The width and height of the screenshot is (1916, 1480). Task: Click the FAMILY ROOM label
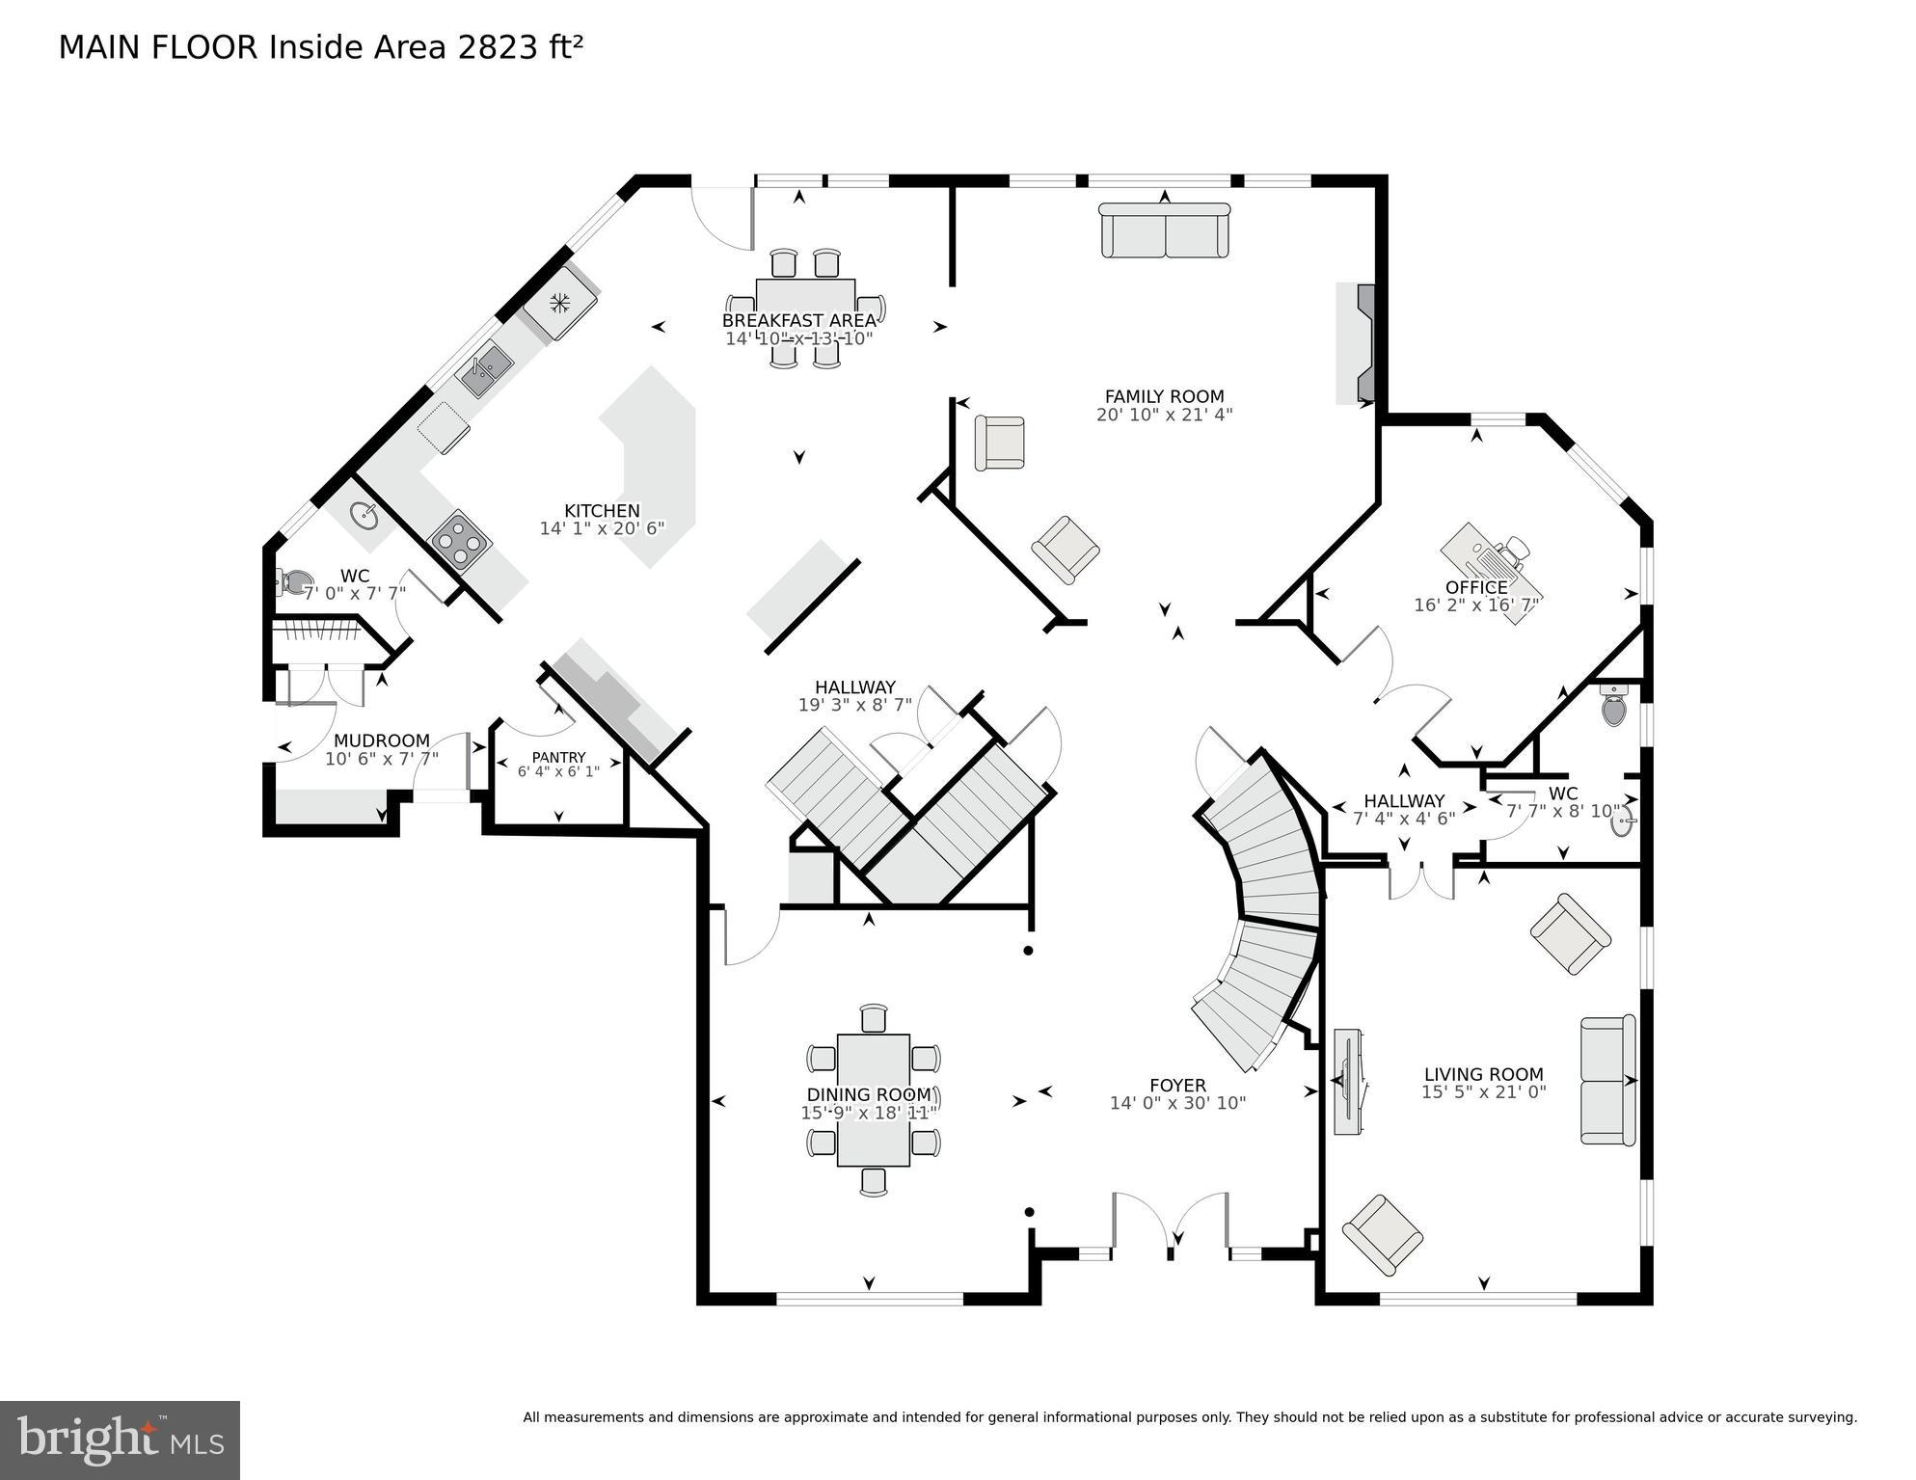(x=1164, y=396)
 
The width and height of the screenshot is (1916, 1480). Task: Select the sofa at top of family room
(x=1165, y=230)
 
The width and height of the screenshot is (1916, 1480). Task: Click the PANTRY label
(x=558, y=757)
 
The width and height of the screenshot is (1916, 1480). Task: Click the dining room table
(x=873, y=1099)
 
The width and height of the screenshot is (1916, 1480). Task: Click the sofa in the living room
(x=1607, y=1080)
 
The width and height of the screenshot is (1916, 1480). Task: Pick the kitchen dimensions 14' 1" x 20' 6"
(x=602, y=528)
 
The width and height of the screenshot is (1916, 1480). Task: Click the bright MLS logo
(x=120, y=1440)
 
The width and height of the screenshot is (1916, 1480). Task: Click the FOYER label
(x=1177, y=1085)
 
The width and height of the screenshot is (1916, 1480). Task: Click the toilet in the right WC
(x=1612, y=708)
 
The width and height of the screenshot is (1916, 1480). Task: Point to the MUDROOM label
(x=381, y=740)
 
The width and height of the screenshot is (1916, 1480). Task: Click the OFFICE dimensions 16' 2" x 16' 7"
(x=1475, y=605)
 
